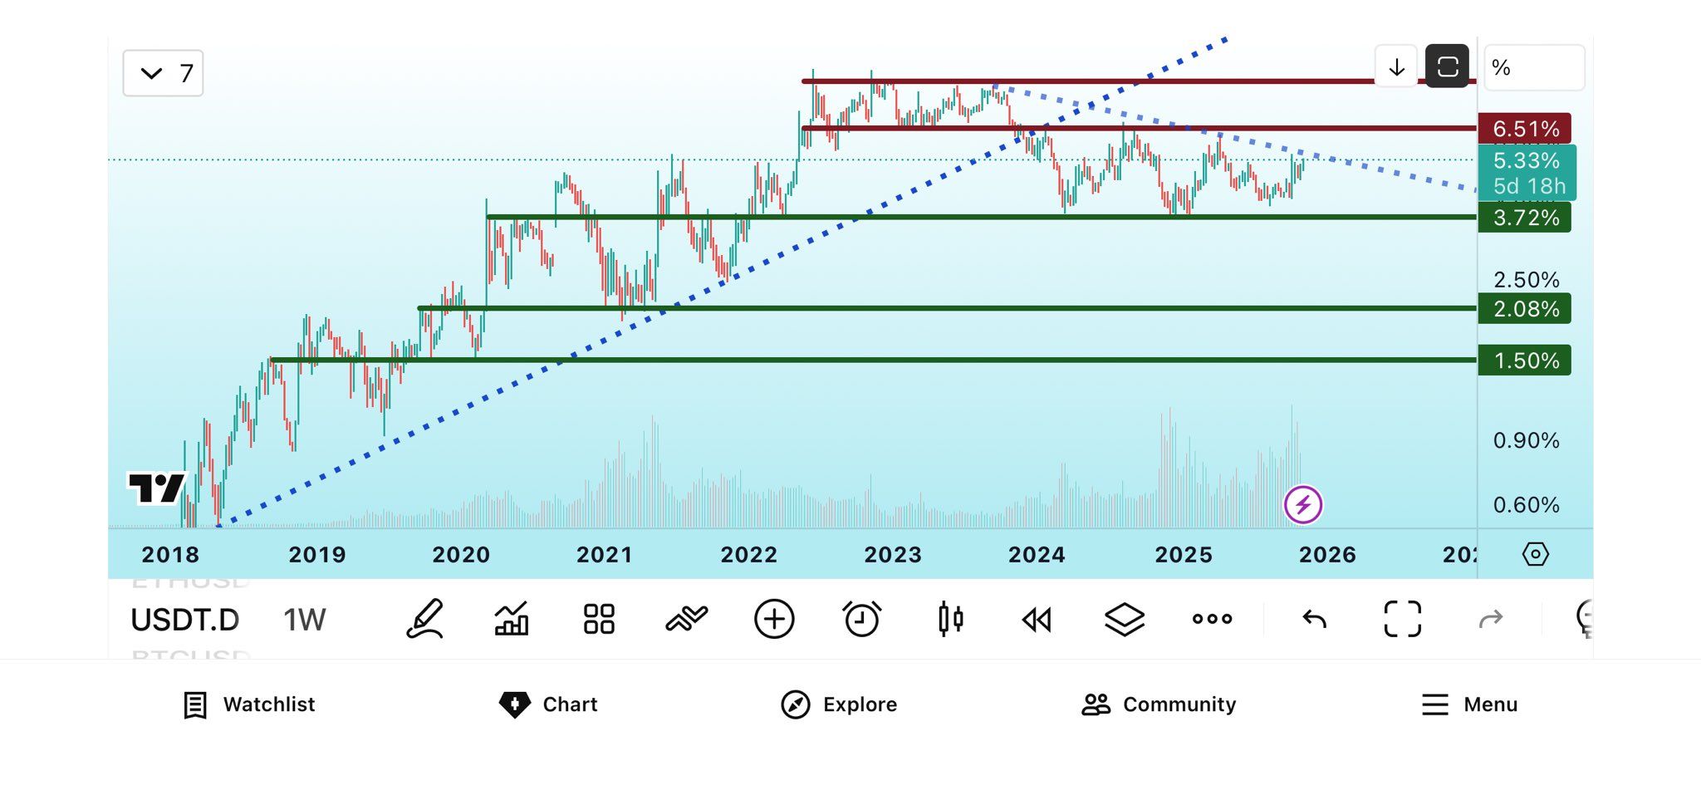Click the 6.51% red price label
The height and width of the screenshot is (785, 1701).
1524,129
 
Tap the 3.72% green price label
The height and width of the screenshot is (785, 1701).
1524,218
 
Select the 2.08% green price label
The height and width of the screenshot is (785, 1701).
1524,309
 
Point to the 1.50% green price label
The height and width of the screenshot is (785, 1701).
1524,361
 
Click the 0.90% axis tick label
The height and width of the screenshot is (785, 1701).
1526,440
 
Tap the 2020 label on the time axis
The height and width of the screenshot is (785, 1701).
461,555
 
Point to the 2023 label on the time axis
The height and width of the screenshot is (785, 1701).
893,555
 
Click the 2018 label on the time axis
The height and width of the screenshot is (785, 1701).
170,555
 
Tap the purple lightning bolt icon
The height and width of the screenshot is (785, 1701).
1302,505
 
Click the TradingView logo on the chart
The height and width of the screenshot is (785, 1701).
156,488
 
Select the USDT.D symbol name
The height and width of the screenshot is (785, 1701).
185,620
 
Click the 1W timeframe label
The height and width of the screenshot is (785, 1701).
304,620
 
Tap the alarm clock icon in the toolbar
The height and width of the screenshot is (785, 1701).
861,619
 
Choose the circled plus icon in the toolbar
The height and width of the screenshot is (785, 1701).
774,619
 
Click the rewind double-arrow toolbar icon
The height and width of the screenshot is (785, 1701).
1037,619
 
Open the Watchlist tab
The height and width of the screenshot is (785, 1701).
249,704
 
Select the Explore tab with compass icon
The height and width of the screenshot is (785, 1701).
839,704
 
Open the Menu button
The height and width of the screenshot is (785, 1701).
1469,704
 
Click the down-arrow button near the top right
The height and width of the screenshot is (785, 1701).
1396,66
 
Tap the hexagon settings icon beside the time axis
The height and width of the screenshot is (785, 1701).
1535,554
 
